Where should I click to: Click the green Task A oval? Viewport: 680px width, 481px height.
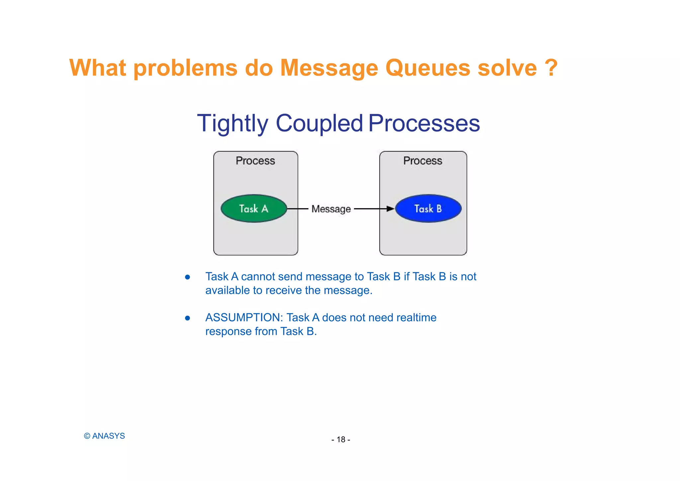tap(254, 209)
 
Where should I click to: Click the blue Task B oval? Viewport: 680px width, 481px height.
tap(428, 209)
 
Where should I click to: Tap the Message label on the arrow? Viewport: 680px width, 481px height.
tap(331, 209)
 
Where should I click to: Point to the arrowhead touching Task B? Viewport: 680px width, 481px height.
tap(390, 209)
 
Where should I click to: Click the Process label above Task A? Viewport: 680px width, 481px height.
tap(255, 161)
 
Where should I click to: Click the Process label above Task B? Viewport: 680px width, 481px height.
tap(423, 161)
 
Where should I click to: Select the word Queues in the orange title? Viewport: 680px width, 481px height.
tap(428, 68)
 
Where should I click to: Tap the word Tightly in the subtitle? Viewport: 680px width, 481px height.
tap(232, 124)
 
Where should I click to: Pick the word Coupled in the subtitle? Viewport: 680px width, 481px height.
tap(319, 124)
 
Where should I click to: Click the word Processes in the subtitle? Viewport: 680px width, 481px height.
tap(424, 124)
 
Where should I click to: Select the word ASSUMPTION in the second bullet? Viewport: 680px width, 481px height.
tap(244, 318)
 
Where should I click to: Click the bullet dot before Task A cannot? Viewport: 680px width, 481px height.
tap(188, 277)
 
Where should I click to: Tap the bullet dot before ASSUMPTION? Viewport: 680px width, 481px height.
tap(188, 318)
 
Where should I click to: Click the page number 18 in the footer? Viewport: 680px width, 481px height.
tap(341, 440)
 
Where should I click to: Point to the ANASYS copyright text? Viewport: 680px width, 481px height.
tap(105, 436)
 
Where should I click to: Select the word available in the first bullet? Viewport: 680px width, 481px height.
tap(227, 290)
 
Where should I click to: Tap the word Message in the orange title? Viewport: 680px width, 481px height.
tap(329, 68)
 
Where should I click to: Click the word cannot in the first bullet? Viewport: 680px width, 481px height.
tap(258, 277)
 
